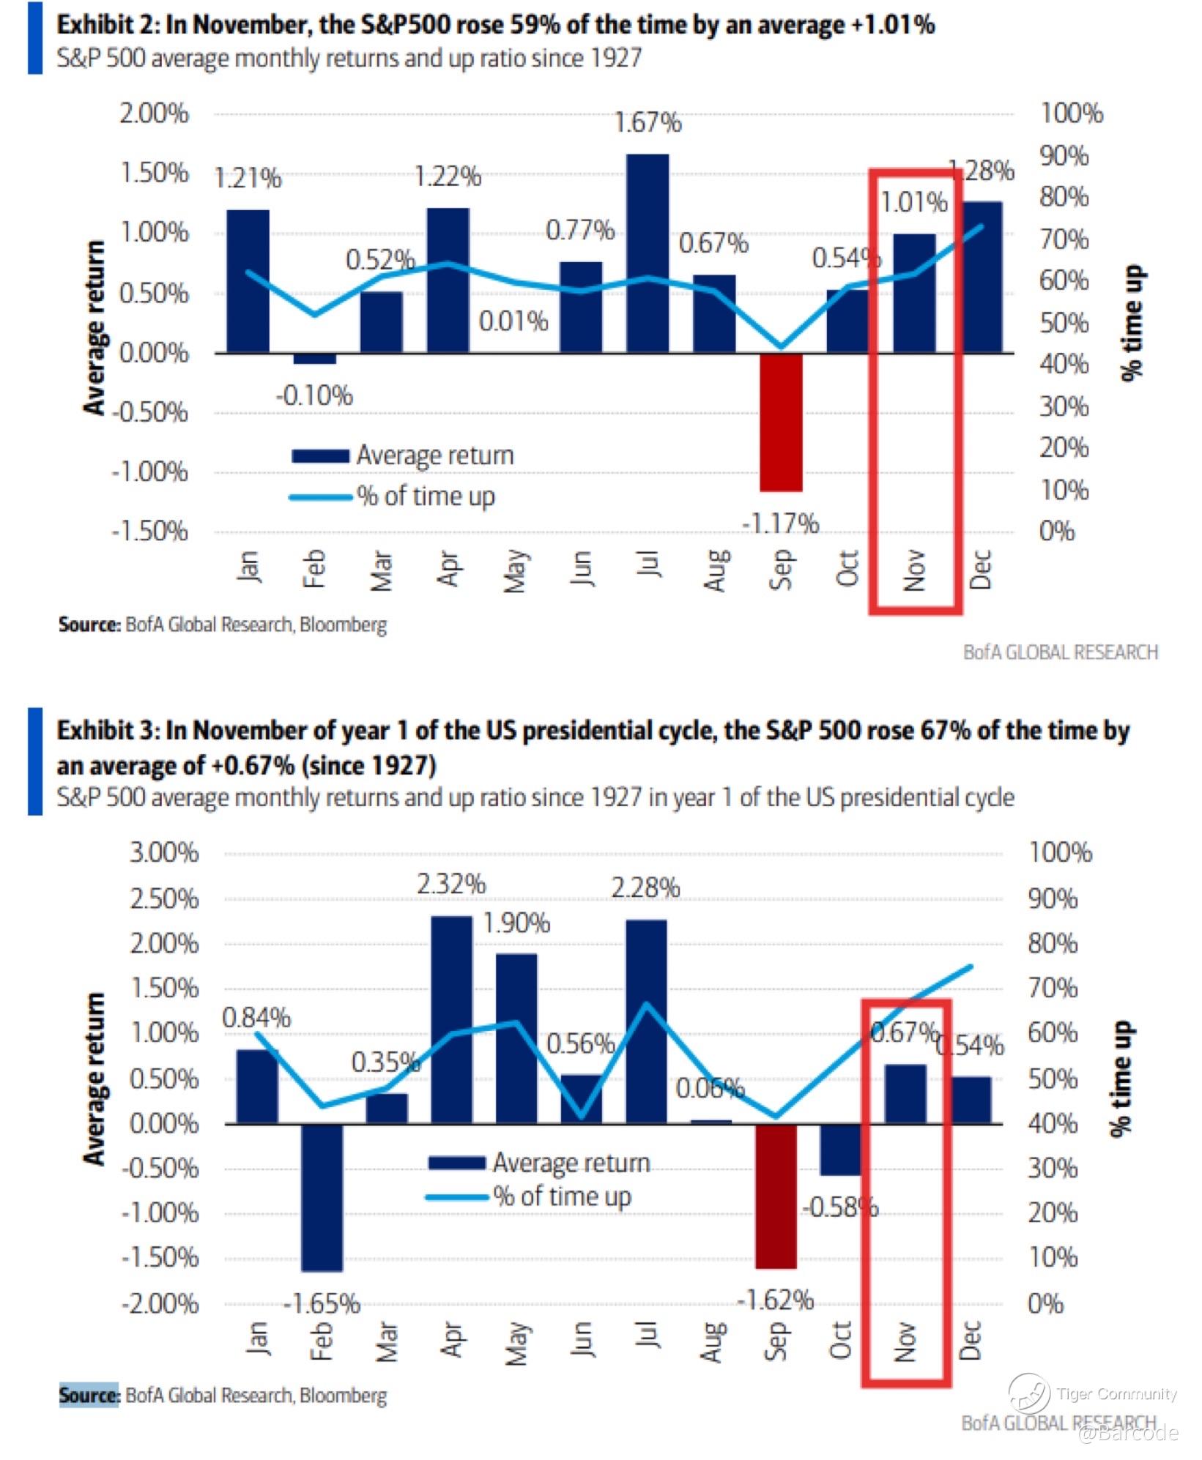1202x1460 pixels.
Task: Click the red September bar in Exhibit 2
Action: click(x=781, y=422)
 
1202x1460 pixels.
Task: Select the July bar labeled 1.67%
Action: click(x=648, y=253)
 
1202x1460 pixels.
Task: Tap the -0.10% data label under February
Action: click(x=314, y=396)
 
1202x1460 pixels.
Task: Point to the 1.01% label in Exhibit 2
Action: click(x=913, y=202)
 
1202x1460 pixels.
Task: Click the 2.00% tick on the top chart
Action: click(x=154, y=114)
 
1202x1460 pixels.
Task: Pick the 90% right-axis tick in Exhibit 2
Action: click(x=1064, y=156)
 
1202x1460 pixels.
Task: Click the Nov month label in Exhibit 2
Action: click(x=914, y=570)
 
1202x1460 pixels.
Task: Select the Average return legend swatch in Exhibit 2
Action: click(x=320, y=456)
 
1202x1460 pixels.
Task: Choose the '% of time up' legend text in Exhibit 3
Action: click(x=562, y=1196)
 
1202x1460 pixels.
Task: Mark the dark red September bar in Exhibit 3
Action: click(x=776, y=1196)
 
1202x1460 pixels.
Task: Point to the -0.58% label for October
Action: click(x=840, y=1207)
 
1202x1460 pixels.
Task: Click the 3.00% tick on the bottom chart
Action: click(x=164, y=852)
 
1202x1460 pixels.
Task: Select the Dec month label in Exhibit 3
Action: click(x=970, y=1340)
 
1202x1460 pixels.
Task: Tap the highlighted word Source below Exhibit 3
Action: click(x=89, y=1395)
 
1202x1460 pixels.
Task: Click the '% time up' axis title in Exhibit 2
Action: click(x=1132, y=322)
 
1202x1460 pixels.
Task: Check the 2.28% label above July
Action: click(x=645, y=887)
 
